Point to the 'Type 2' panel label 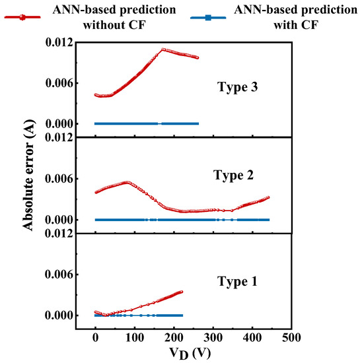(x=233, y=175)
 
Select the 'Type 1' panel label (x=238, y=281)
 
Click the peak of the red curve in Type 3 (x=163, y=49)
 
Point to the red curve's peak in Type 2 (x=127, y=181)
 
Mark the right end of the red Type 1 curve (x=181, y=291)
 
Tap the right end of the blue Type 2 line (x=268, y=219)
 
